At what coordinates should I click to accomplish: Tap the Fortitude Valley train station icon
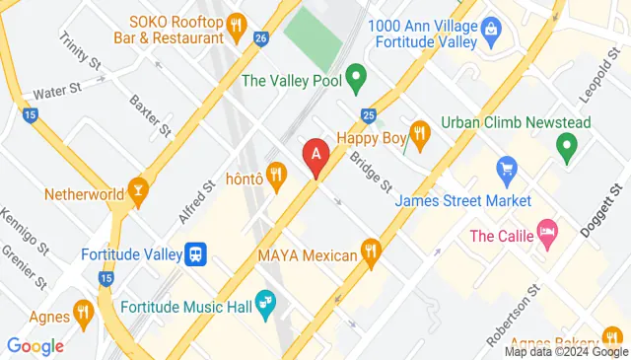pos(197,254)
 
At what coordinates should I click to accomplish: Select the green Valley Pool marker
pos(357,74)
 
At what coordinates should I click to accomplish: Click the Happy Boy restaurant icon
pos(419,135)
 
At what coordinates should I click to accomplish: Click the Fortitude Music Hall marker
pos(264,303)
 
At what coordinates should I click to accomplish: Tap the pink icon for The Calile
pos(546,235)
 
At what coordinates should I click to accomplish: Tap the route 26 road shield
pos(260,38)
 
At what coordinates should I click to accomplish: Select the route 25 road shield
pos(369,115)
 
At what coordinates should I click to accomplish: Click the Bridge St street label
pos(372,171)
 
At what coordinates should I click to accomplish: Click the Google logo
pos(35,345)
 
